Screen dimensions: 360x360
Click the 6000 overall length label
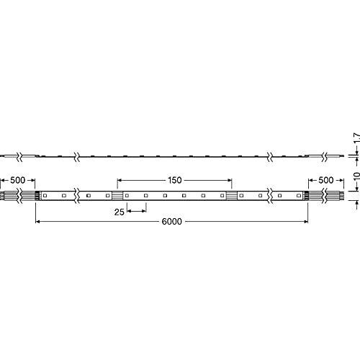[171, 222]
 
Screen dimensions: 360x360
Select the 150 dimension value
[174, 180]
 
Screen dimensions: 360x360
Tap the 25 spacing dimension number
[119, 212]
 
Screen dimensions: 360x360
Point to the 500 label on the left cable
[17, 180]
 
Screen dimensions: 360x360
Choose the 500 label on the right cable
[325, 180]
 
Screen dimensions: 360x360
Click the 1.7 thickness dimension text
[356, 138]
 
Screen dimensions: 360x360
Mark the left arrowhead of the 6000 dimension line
[37, 222]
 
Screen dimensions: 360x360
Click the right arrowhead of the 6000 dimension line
[306, 222]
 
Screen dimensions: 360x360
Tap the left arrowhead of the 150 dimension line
[120, 180]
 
